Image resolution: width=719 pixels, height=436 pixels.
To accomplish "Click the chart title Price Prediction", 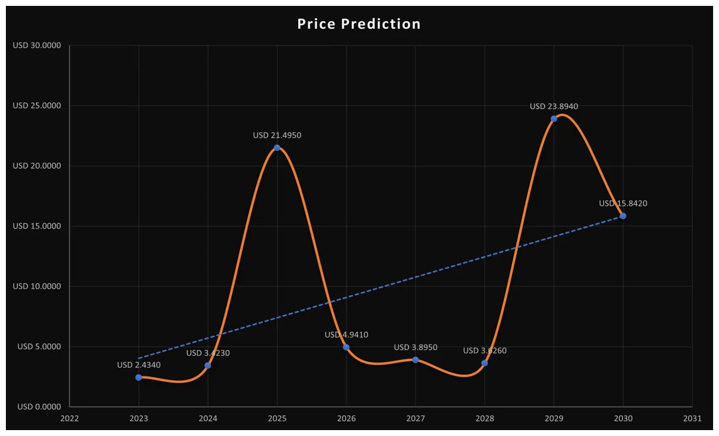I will pos(359,24).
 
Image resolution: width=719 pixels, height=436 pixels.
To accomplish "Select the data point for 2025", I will pos(277,148).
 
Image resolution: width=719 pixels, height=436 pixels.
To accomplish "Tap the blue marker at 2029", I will pos(554,118).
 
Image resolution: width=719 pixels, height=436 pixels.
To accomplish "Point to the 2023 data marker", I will pos(138,377).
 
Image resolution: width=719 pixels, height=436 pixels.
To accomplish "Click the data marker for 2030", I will pos(623,216).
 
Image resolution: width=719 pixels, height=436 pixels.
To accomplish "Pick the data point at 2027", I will pos(415,359).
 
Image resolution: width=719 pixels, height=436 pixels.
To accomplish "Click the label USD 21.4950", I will pos(277,136).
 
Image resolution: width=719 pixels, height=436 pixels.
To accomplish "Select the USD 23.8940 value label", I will pos(554,107).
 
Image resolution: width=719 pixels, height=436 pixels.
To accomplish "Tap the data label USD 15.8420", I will pos(623,203).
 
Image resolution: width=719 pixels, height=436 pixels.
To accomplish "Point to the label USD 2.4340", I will pos(138,365).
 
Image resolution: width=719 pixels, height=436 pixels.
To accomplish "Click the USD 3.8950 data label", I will pos(415,348).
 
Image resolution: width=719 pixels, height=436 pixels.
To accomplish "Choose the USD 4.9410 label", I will pos(347,335).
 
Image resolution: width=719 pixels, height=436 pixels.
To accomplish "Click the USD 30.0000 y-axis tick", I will pos(37,45).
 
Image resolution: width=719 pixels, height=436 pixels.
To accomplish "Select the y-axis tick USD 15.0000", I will pos(37,226).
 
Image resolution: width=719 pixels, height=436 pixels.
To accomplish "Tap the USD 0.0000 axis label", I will pos(39,407).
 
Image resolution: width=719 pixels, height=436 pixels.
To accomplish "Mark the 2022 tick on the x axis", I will pos(70,418).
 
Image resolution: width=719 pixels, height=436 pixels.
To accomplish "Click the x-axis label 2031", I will pos(692,418).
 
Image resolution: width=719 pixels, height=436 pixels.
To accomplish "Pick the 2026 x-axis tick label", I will pos(347,418).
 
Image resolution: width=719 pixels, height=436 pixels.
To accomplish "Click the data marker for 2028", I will pos(484,363).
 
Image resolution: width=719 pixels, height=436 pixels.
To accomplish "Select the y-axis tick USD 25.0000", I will pos(37,105).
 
